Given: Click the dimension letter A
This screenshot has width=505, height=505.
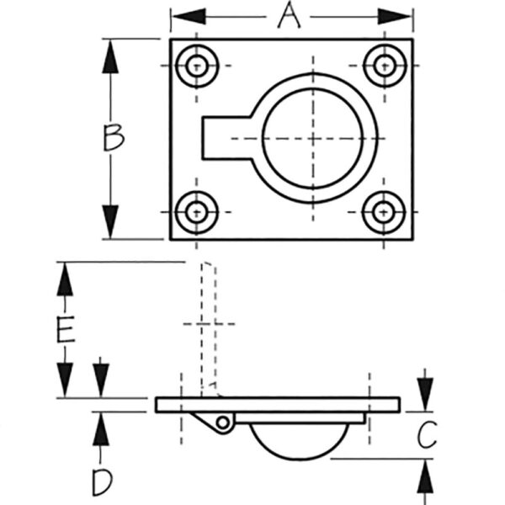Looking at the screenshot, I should [x=289, y=15].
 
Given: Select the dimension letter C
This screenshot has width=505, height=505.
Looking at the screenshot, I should [x=428, y=435].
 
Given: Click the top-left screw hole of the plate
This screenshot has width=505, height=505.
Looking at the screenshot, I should [x=199, y=64].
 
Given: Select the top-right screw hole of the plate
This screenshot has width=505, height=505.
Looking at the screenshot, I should [x=385, y=64].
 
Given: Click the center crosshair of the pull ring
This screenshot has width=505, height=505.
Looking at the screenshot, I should [x=313, y=138].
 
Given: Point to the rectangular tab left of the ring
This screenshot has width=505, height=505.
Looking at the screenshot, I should [x=221, y=138].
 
